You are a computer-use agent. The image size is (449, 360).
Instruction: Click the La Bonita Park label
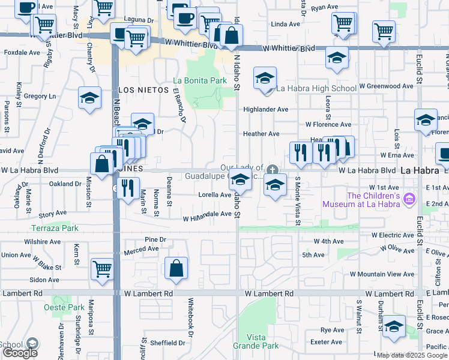[200, 80]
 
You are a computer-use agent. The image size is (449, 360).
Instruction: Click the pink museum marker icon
[410, 198]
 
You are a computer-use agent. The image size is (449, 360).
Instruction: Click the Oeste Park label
[64, 307]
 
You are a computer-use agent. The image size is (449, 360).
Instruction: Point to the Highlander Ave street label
[265, 110]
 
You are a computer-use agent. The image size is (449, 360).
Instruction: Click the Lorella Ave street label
[215, 195]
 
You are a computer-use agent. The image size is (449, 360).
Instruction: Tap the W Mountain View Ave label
[382, 274]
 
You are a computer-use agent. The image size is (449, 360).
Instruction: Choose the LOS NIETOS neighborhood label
[140, 89]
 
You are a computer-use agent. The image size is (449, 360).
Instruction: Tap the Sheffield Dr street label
[168, 343]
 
